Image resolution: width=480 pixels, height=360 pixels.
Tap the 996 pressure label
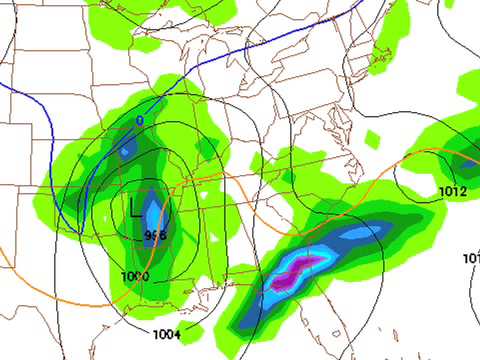[x=155, y=236]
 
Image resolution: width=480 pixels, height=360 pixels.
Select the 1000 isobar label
[x=135, y=276]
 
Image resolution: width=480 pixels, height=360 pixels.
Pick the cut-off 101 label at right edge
[x=471, y=258]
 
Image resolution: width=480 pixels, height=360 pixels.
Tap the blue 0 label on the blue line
[x=139, y=121]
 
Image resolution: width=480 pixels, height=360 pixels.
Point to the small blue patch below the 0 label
[x=126, y=151]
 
